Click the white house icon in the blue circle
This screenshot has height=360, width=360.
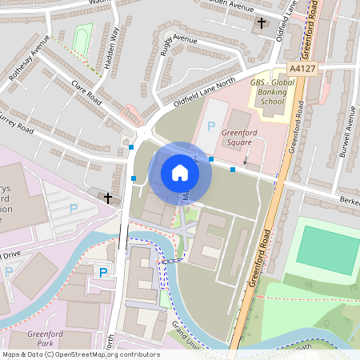click(x=180, y=173)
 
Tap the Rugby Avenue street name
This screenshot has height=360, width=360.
click(x=173, y=48)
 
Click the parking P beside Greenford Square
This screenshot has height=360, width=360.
click(x=211, y=126)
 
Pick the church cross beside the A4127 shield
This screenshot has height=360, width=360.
click(x=262, y=23)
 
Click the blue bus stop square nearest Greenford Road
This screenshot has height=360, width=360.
click(x=233, y=170)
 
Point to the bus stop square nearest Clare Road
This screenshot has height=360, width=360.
click(x=131, y=147)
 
